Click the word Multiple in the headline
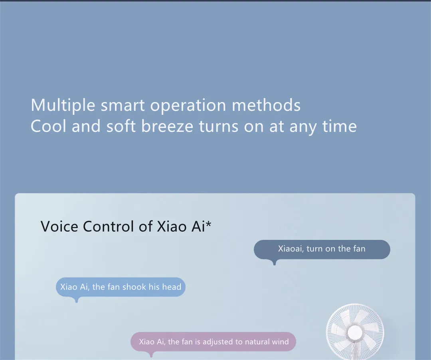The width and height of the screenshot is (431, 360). coord(63,105)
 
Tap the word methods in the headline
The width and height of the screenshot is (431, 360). coord(266,105)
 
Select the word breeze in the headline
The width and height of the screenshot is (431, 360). coord(167,126)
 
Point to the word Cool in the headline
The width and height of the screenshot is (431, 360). coord(48,126)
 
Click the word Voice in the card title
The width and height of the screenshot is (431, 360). coord(59,226)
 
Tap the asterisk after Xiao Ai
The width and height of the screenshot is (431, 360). coord(208,224)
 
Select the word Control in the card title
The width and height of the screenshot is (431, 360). coord(108,226)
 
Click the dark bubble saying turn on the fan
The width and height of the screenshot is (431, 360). coord(322,249)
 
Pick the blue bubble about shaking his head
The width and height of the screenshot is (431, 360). coord(121,287)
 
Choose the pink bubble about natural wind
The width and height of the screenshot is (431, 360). coord(213,342)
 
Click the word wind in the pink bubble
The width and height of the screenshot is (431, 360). coord(280,342)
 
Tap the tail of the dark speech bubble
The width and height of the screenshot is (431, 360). coord(274,262)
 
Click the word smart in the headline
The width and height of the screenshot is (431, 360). coord(123,105)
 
